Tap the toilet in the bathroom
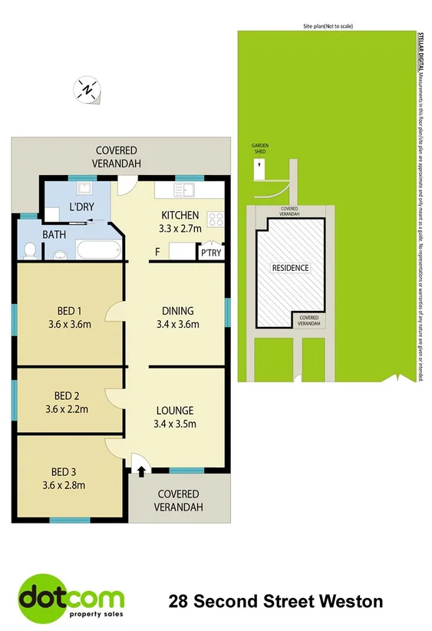click(x=30, y=250)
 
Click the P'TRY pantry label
click(x=210, y=253)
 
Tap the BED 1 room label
click(x=70, y=311)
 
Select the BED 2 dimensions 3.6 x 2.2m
click(x=68, y=409)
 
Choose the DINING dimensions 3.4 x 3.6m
click(x=177, y=325)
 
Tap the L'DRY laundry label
click(x=81, y=207)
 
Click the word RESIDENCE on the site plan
click(x=291, y=268)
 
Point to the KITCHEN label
click(x=180, y=215)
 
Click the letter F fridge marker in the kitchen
click(x=157, y=252)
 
